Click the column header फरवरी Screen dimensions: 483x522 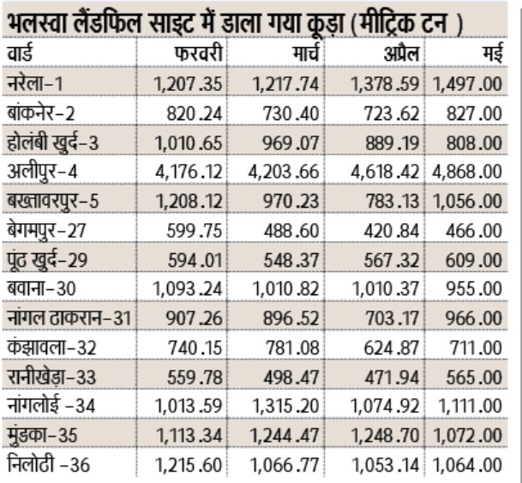click(x=199, y=54)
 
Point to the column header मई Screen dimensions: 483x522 click(x=491, y=54)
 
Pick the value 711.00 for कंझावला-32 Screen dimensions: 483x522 click(x=477, y=347)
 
